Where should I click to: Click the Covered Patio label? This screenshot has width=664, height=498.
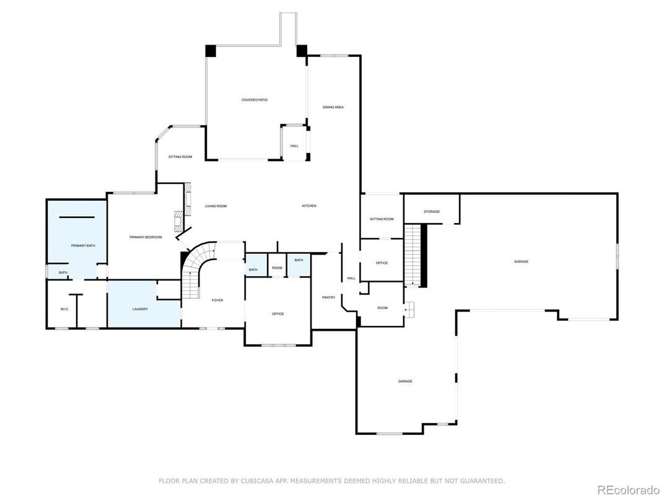(x=254, y=100)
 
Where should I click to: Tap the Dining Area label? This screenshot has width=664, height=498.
(x=333, y=107)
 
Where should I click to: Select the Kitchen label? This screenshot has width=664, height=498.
(x=309, y=206)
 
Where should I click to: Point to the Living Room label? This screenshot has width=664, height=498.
(x=216, y=206)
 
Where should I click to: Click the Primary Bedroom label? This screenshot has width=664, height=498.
(x=146, y=237)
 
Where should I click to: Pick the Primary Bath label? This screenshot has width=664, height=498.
(x=83, y=246)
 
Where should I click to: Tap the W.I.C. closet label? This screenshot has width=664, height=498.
(x=64, y=308)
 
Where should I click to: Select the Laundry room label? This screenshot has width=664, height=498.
(x=140, y=308)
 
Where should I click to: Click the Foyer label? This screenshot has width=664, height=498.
(x=217, y=300)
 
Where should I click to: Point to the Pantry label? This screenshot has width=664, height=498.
(x=328, y=297)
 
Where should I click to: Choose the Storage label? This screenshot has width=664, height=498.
(x=432, y=212)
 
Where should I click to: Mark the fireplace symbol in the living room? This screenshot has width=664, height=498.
(x=179, y=219)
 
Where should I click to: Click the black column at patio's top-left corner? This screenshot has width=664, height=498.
(x=211, y=51)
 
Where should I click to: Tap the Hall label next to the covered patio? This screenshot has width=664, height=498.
(x=294, y=146)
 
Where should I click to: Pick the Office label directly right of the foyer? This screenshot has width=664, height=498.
(x=278, y=314)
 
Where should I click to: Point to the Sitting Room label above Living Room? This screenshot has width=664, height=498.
(x=180, y=157)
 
